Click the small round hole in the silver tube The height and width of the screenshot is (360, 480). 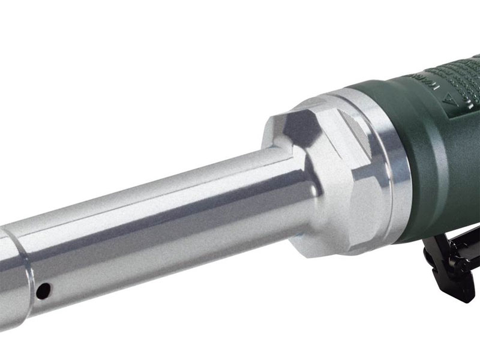[43, 292]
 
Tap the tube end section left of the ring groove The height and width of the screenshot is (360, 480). [7, 270]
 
